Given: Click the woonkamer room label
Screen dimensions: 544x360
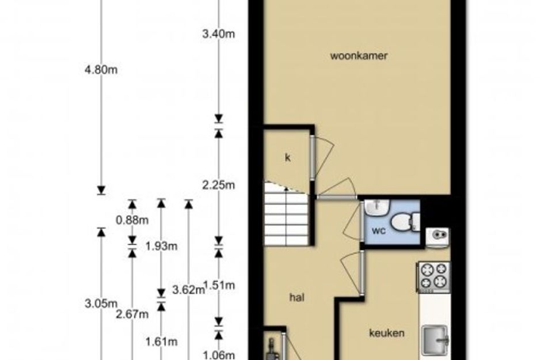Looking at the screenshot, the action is click(359, 56).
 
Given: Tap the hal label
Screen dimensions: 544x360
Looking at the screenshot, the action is click(297, 298).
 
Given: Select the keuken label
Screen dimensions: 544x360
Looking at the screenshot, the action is click(386, 333).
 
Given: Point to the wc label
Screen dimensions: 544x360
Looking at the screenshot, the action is click(379, 230).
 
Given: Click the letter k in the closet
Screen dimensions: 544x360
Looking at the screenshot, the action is click(288, 158).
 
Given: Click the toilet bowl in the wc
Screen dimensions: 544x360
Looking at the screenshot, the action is click(405, 221).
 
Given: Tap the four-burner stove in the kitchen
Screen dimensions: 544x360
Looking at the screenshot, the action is click(433, 276).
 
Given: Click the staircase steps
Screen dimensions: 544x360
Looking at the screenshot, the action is click(287, 214).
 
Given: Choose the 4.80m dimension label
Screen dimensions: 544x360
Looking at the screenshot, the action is click(101, 70).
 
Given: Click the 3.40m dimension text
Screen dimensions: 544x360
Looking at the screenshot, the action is click(218, 34).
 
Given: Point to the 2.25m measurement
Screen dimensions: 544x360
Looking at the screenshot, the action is click(218, 185).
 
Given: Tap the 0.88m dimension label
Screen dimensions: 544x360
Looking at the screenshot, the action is click(132, 220).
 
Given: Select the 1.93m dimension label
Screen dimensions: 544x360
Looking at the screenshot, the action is click(161, 246).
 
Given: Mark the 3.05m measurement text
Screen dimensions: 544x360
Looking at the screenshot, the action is click(101, 304).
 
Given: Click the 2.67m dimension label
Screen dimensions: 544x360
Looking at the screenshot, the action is click(132, 314).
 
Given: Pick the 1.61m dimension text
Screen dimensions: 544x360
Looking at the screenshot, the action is click(161, 342).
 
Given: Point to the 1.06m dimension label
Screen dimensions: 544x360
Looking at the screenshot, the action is click(218, 355).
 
